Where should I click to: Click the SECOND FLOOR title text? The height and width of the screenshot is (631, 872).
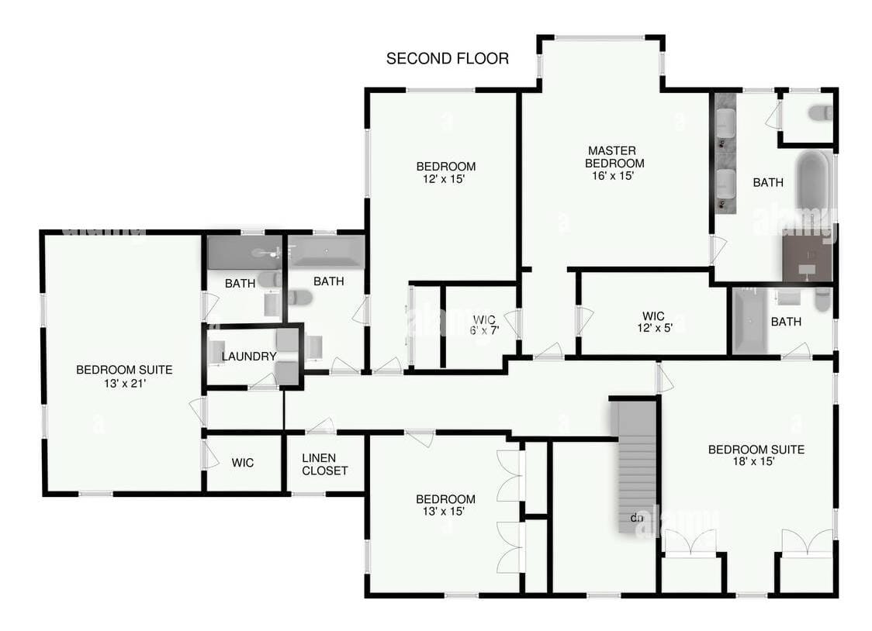448,58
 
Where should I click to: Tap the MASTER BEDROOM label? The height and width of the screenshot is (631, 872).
614,157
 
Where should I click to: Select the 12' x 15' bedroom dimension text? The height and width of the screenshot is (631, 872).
445,179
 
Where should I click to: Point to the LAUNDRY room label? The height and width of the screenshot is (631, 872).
249,356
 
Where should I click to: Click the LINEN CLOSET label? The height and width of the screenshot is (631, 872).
324,464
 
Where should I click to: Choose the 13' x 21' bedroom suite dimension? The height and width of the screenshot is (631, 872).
124,382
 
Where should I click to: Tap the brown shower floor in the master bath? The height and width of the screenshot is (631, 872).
807,258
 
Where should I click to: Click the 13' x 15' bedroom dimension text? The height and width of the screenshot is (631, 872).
445,511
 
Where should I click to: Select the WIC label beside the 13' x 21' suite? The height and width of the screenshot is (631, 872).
243,463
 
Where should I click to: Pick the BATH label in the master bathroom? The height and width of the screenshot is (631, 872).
768,183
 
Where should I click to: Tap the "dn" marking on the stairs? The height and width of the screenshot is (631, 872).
637,517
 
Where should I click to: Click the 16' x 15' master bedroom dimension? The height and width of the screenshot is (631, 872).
614,175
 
